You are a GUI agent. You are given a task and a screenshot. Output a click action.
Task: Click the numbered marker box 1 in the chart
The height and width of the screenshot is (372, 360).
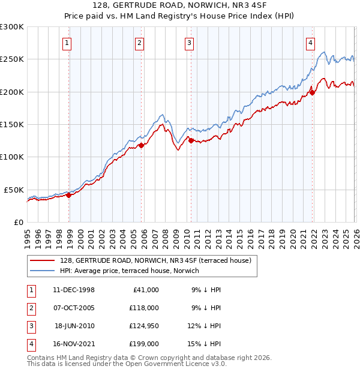(67, 43)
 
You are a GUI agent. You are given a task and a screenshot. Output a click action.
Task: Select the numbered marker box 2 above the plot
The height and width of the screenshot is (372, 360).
(139, 43)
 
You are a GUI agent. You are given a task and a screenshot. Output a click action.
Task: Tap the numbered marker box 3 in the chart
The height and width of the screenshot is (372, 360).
(189, 43)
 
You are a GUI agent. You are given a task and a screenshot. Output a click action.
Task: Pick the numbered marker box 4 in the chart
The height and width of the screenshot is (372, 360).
(310, 43)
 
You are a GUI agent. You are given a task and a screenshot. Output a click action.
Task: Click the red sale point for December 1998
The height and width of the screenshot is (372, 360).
(68, 195)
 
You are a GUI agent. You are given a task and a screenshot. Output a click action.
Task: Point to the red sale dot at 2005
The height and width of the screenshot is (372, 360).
(141, 145)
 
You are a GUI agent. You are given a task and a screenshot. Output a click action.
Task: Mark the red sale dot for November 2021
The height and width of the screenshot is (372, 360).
(312, 92)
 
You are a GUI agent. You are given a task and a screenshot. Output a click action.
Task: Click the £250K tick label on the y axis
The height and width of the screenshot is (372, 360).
(12, 59)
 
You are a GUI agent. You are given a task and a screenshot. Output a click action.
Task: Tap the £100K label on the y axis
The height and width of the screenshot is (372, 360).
(12, 157)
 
